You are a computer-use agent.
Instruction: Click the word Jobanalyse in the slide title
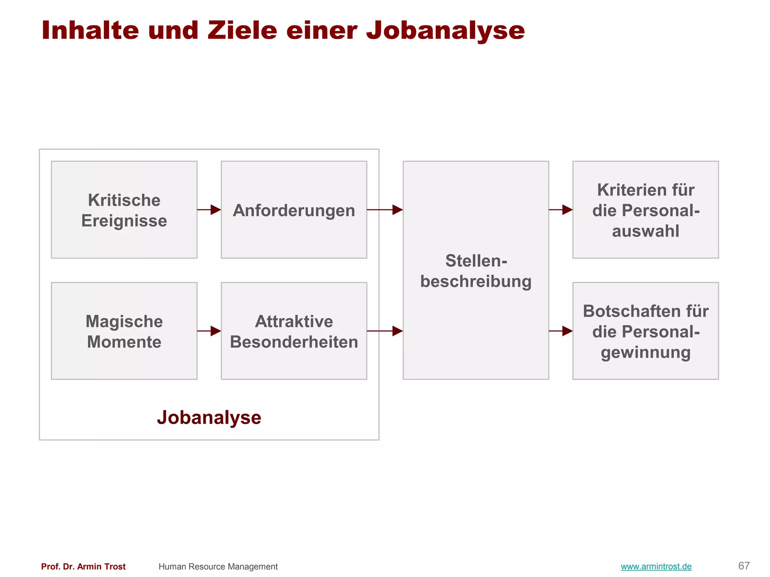(x=445, y=31)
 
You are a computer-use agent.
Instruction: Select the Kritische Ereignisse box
(x=124, y=210)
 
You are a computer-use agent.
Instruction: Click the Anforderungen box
(x=294, y=210)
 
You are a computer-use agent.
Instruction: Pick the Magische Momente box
(x=124, y=331)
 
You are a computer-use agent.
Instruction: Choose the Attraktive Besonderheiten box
(x=294, y=331)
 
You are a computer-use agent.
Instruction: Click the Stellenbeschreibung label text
(x=476, y=271)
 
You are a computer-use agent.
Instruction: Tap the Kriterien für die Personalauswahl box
(x=645, y=210)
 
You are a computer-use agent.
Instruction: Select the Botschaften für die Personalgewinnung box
(x=645, y=331)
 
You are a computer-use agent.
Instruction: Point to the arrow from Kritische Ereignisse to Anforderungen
(x=209, y=210)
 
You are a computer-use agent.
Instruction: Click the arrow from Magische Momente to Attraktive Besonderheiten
(x=209, y=331)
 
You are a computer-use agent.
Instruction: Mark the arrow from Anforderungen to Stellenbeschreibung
(x=385, y=210)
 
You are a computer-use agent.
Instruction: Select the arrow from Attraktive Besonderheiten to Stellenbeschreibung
(x=385, y=331)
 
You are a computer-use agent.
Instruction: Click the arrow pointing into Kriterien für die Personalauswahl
(x=561, y=210)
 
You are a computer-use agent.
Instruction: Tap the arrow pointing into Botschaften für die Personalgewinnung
(x=561, y=331)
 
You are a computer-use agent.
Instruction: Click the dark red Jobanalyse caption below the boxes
(x=209, y=417)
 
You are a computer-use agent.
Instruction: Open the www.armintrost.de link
(x=656, y=566)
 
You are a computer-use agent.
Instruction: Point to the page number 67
(x=744, y=566)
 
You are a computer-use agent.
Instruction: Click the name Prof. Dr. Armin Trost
(x=83, y=566)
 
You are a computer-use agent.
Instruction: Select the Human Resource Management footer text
(x=218, y=566)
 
